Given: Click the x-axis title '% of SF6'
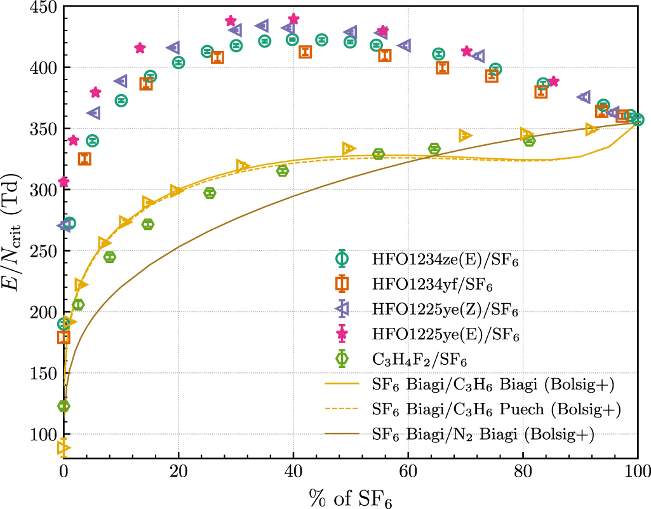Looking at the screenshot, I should tap(350, 496).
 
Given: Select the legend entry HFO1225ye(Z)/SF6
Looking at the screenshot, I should tap(445, 311).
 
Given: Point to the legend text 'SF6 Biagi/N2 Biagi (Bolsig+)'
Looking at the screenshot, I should tap(483, 435).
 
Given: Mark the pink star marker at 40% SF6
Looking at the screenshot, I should tap(293, 19).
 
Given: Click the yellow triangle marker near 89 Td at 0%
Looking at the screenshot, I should tap(64, 447).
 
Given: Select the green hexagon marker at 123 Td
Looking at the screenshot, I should tap(64, 406).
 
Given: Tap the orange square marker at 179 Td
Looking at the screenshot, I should tap(64, 337).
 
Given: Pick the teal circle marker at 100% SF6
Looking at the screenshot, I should tap(637, 119).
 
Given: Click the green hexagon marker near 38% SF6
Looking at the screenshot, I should tap(283, 171).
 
